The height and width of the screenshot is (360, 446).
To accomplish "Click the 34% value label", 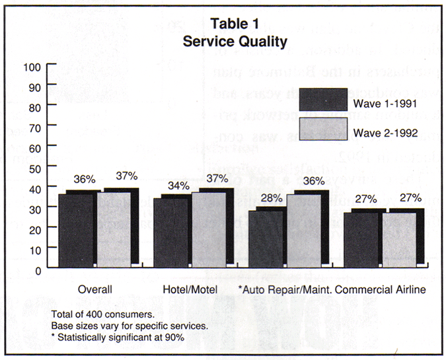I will point(175,186).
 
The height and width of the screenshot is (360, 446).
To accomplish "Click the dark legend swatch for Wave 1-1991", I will point(323,100).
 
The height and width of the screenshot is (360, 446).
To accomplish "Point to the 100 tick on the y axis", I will point(32,67).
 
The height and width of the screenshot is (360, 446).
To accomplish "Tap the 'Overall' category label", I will point(95,289).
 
